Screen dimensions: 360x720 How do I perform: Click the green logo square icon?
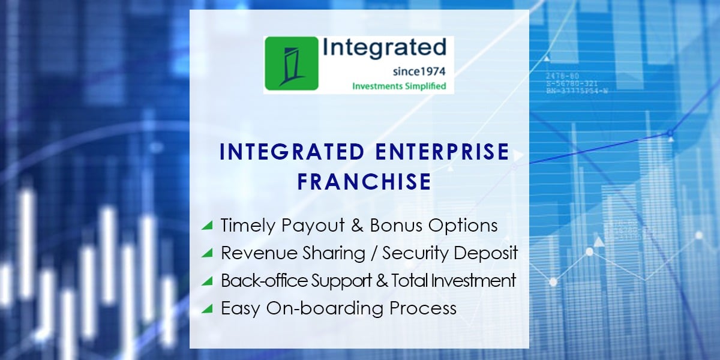[x=291, y=64]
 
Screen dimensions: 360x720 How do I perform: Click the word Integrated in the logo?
[x=384, y=48]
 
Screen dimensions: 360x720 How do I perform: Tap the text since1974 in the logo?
[x=419, y=71]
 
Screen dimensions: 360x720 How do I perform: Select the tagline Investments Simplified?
[x=399, y=86]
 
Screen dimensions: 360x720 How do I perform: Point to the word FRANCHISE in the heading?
[x=364, y=181]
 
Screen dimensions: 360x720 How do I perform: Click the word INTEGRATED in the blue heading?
[x=291, y=152]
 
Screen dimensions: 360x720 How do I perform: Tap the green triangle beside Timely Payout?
[x=207, y=226]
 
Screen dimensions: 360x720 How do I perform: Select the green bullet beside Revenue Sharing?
[x=207, y=253]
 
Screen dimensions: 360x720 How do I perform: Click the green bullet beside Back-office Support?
[x=207, y=281]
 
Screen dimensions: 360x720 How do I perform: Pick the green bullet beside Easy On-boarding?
[x=207, y=308]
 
